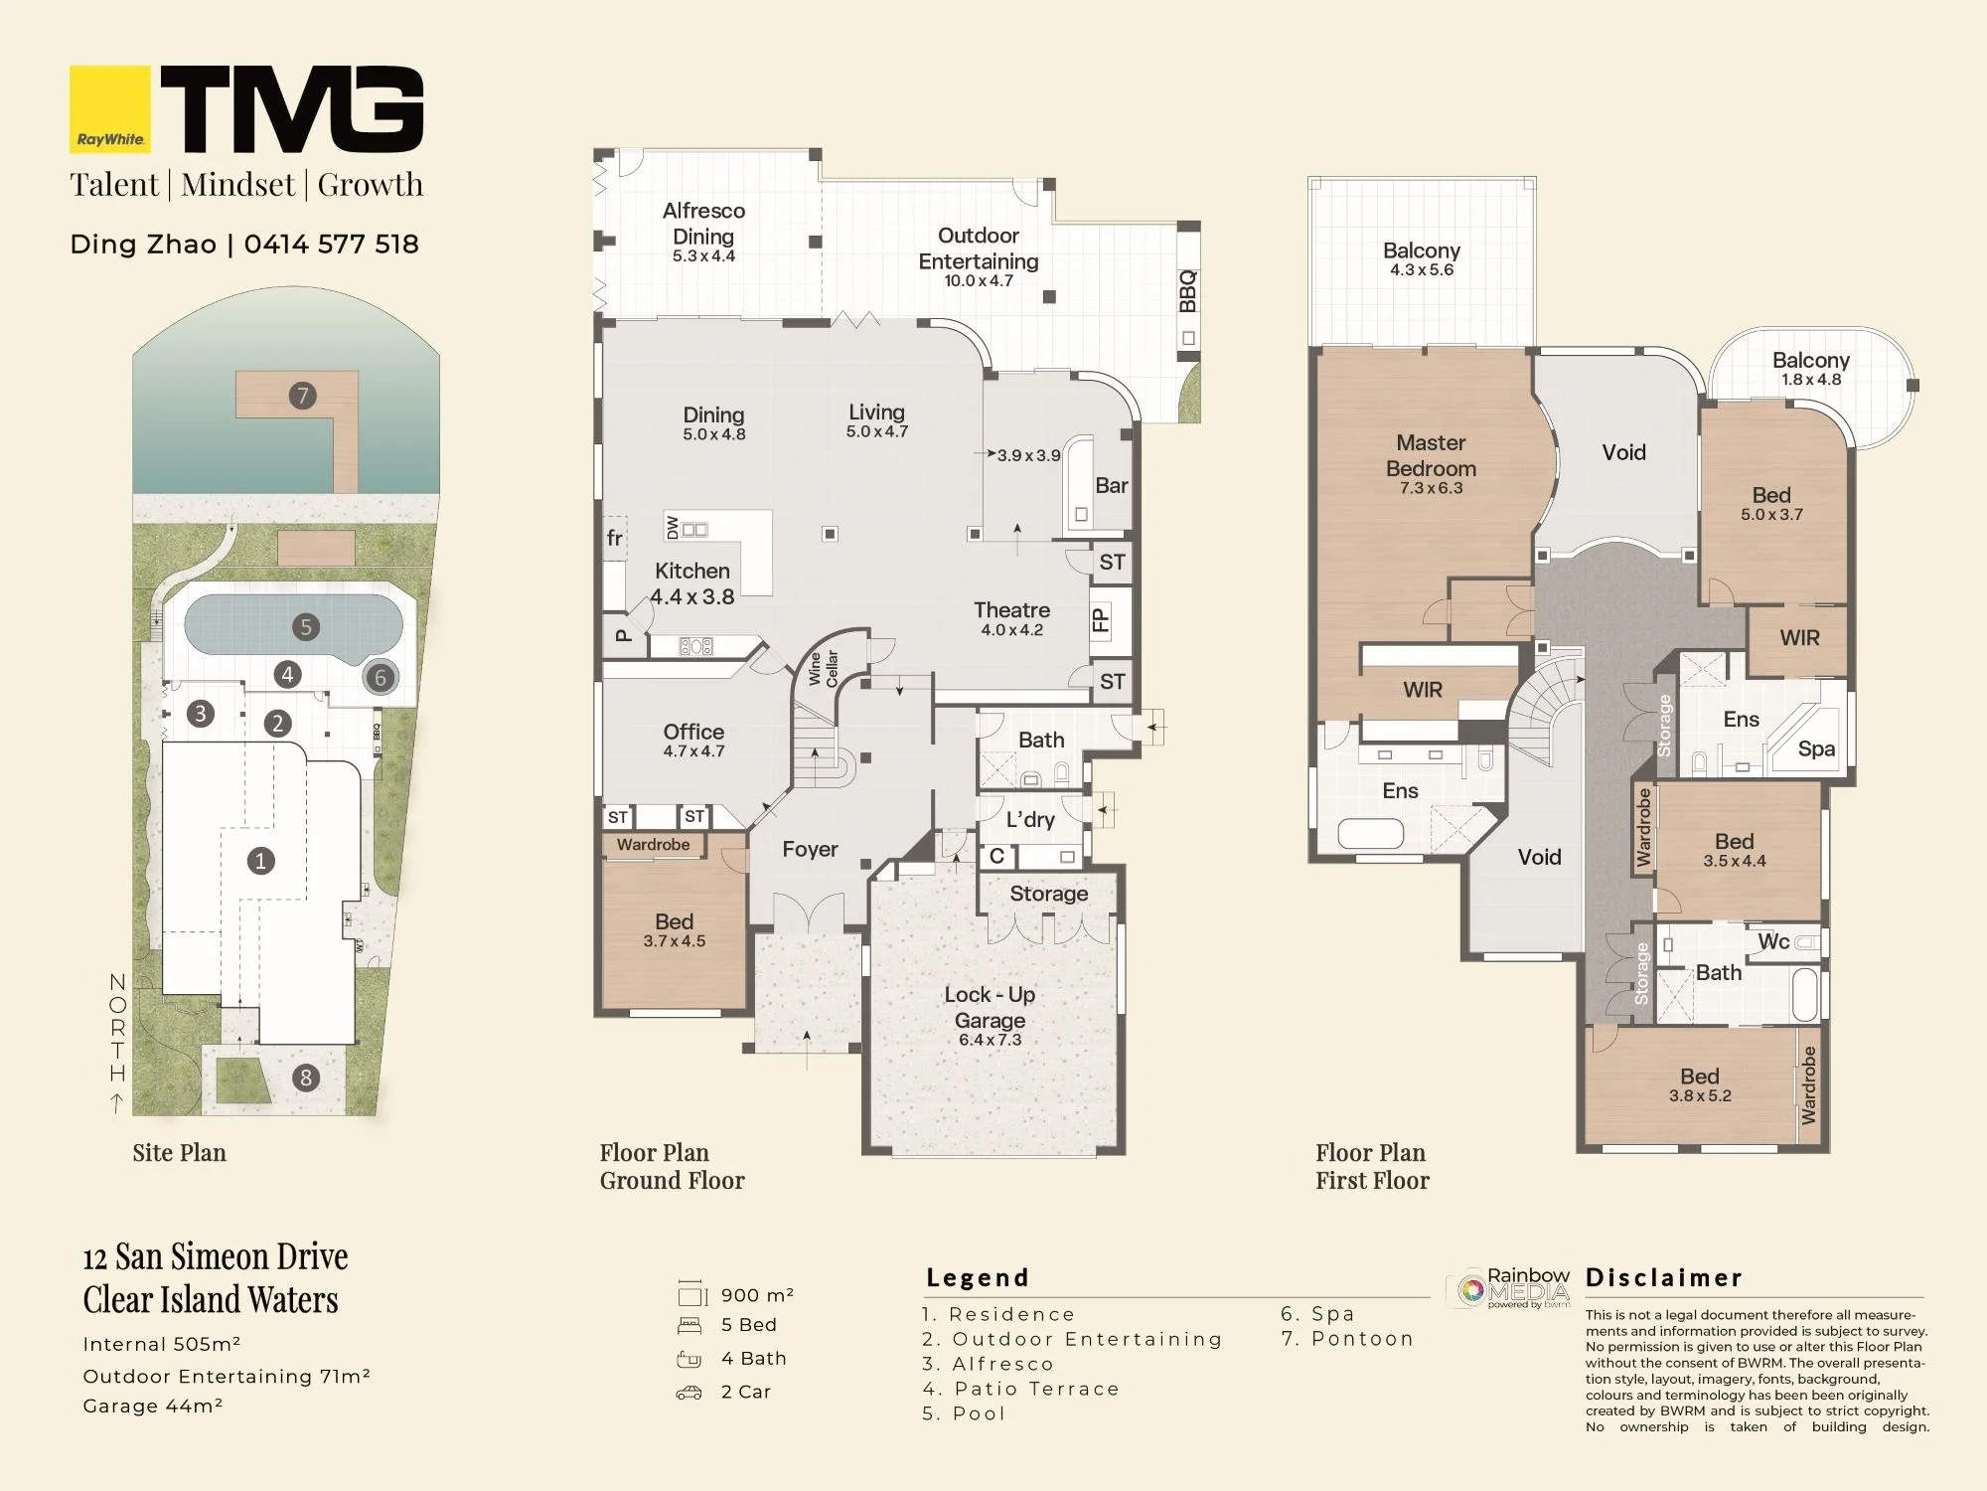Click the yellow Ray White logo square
coord(110,109)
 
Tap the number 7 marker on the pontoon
coord(303,396)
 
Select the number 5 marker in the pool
coord(306,626)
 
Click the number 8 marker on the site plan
coord(306,1077)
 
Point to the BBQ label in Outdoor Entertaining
coord(1188,291)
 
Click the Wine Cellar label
coord(824,669)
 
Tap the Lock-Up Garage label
coord(990,1007)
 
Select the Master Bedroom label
coord(1431,455)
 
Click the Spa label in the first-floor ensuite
coord(1816,749)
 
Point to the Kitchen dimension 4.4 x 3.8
coord(692,597)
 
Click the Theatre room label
coord(1011,609)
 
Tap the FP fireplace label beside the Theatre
coord(1101,620)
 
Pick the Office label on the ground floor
coord(693,732)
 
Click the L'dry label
coord(1030,819)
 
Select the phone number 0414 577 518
coord(332,245)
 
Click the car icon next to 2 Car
coord(688,1393)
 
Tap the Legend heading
coord(978,1277)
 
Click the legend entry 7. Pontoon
coord(1347,1339)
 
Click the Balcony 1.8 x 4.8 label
coord(1811,368)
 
